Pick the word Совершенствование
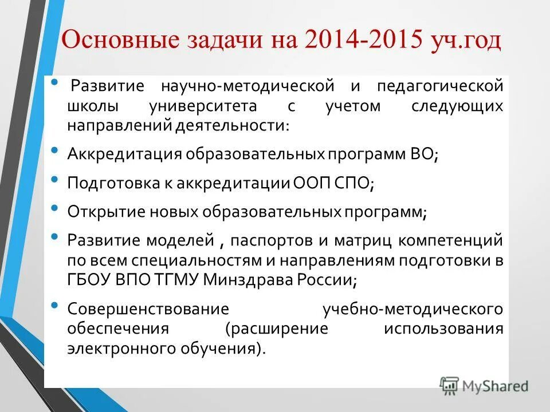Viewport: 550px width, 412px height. [148, 310]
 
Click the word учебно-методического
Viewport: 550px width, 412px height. [412, 310]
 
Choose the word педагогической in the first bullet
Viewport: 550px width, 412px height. [440, 88]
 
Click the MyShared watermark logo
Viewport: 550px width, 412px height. [484, 385]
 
